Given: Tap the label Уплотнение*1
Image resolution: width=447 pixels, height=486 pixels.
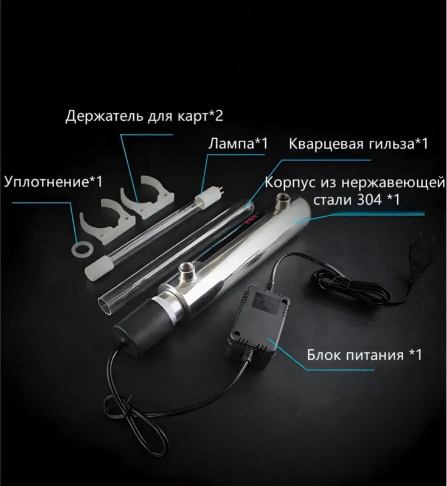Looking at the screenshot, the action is coord(53,182).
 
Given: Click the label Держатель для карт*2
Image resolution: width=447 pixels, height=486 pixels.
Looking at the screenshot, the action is coord(144,116).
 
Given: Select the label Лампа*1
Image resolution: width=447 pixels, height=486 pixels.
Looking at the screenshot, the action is coord(238,143).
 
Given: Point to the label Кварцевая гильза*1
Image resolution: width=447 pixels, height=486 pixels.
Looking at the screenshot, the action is coord(358,144).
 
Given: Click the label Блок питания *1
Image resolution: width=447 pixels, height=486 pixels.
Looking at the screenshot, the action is coord(364,355).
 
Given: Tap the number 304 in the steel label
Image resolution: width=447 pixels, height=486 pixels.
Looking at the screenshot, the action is coord(369,200).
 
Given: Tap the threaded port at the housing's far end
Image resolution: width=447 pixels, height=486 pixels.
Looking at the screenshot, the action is coord(283,202).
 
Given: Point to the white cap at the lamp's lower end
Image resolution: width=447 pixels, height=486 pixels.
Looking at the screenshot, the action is coord(96,269).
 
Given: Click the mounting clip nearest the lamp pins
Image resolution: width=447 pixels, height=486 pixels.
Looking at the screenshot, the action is coord(148,196).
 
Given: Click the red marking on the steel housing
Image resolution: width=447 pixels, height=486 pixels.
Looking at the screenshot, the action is coord(249,219).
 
